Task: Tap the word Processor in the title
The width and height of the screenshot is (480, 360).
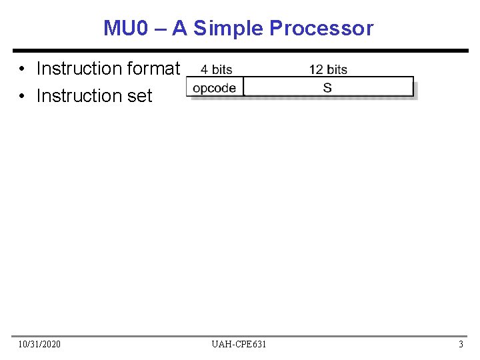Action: (321, 28)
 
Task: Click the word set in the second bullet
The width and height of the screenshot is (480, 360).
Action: (140, 96)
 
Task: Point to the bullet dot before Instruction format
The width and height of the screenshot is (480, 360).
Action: (23, 69)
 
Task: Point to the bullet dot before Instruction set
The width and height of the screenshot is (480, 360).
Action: (23, 96)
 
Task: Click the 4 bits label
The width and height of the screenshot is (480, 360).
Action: (217, 69)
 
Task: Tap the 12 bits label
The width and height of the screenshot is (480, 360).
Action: (328, 69)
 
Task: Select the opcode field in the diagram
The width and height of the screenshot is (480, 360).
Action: (215, 87)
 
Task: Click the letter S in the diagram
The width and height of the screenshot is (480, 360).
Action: (327, 87)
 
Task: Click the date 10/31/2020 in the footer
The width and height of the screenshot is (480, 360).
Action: (39, 344)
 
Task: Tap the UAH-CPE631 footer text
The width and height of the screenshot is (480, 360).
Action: (239, 344)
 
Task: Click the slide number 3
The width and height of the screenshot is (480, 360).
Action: (461, 344)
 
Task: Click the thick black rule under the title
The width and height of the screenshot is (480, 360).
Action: (240, 51)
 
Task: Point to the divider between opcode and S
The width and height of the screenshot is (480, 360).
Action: (243, 87)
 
